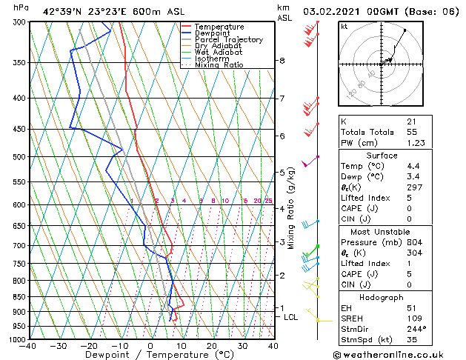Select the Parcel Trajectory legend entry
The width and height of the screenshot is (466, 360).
pyautogui.click(x=228, y=40)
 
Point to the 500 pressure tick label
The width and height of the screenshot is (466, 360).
pyautogui.click(x=16, y=157)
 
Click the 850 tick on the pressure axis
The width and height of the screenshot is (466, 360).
pyautogui.click(x=16, y=296)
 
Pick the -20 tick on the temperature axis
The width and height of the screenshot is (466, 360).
pyautogui.click(x=89, y=345)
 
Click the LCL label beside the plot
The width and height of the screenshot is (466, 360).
pyautogui.click(x=291, y=317)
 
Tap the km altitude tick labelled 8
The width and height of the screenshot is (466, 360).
pyautogui.click(x=282, y=61)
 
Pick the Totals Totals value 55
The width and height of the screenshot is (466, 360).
pyautogui.click(x=412, y=132)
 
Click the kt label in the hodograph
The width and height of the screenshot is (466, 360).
pyautogui.click(x=344, y=26)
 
